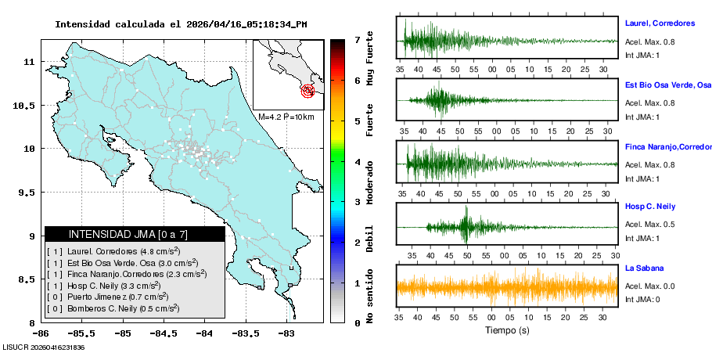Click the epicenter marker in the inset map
308,91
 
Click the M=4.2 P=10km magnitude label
286,117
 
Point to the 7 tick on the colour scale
357,39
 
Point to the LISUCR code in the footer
43,347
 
